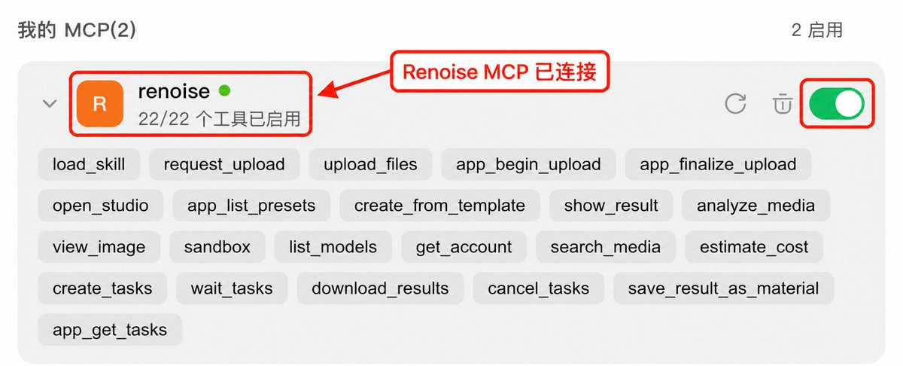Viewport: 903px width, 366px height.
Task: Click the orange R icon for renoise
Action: pyautogui.click(x=100, y=104)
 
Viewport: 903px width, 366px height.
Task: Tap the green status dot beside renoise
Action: pyautogui.click(x=224, y=91)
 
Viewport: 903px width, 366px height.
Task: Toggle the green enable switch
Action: pyautogui.click(x=837, y=104)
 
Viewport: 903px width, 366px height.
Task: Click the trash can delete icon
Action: pyautogui.click(x=783, y=104)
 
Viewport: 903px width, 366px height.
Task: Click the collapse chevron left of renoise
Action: pyautogui.click(x=50, y=104)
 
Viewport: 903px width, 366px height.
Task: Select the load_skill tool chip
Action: pyautogui.click(x=89, y=164)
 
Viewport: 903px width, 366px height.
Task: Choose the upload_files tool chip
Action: pyautogui.click(x=370, y=164)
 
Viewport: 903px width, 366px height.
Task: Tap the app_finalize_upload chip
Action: pyautogui.click(x=718, y=164)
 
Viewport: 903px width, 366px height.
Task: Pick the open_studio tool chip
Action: pyautogui.click(x=100, y=206)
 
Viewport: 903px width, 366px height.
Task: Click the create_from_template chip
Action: pyautogui.click(x=439, y=206)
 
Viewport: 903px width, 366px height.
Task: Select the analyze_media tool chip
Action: pyautogui.click(x=756, y=206)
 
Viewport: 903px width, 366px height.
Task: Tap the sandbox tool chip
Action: pyautogui.click(x=217, y=246)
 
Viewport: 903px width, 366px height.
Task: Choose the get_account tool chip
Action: pyautogui.click(x=464, y=246)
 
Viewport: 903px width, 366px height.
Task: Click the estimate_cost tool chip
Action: pyautogui.click(x=754, y=246)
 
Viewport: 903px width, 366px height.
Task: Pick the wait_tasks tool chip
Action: pyautogui.click(x=232, y=288)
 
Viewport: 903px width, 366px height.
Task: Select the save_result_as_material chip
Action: pyautogui.click(x=723, y=288)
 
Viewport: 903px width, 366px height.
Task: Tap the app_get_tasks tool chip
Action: pyautogui.click(x=110, y=330)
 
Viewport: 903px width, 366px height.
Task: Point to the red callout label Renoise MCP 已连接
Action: pyautogui.click(x=500, y=72)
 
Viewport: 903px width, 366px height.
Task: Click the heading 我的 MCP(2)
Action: pyautogui.click(x=77, y=30)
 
